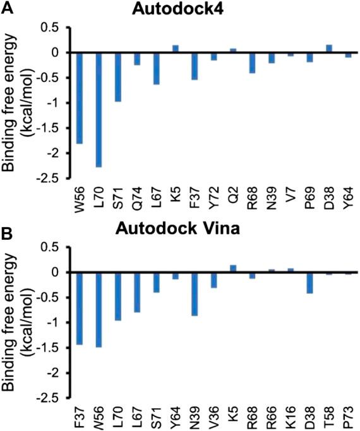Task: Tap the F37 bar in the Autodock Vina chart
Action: (x=80, y=309)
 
